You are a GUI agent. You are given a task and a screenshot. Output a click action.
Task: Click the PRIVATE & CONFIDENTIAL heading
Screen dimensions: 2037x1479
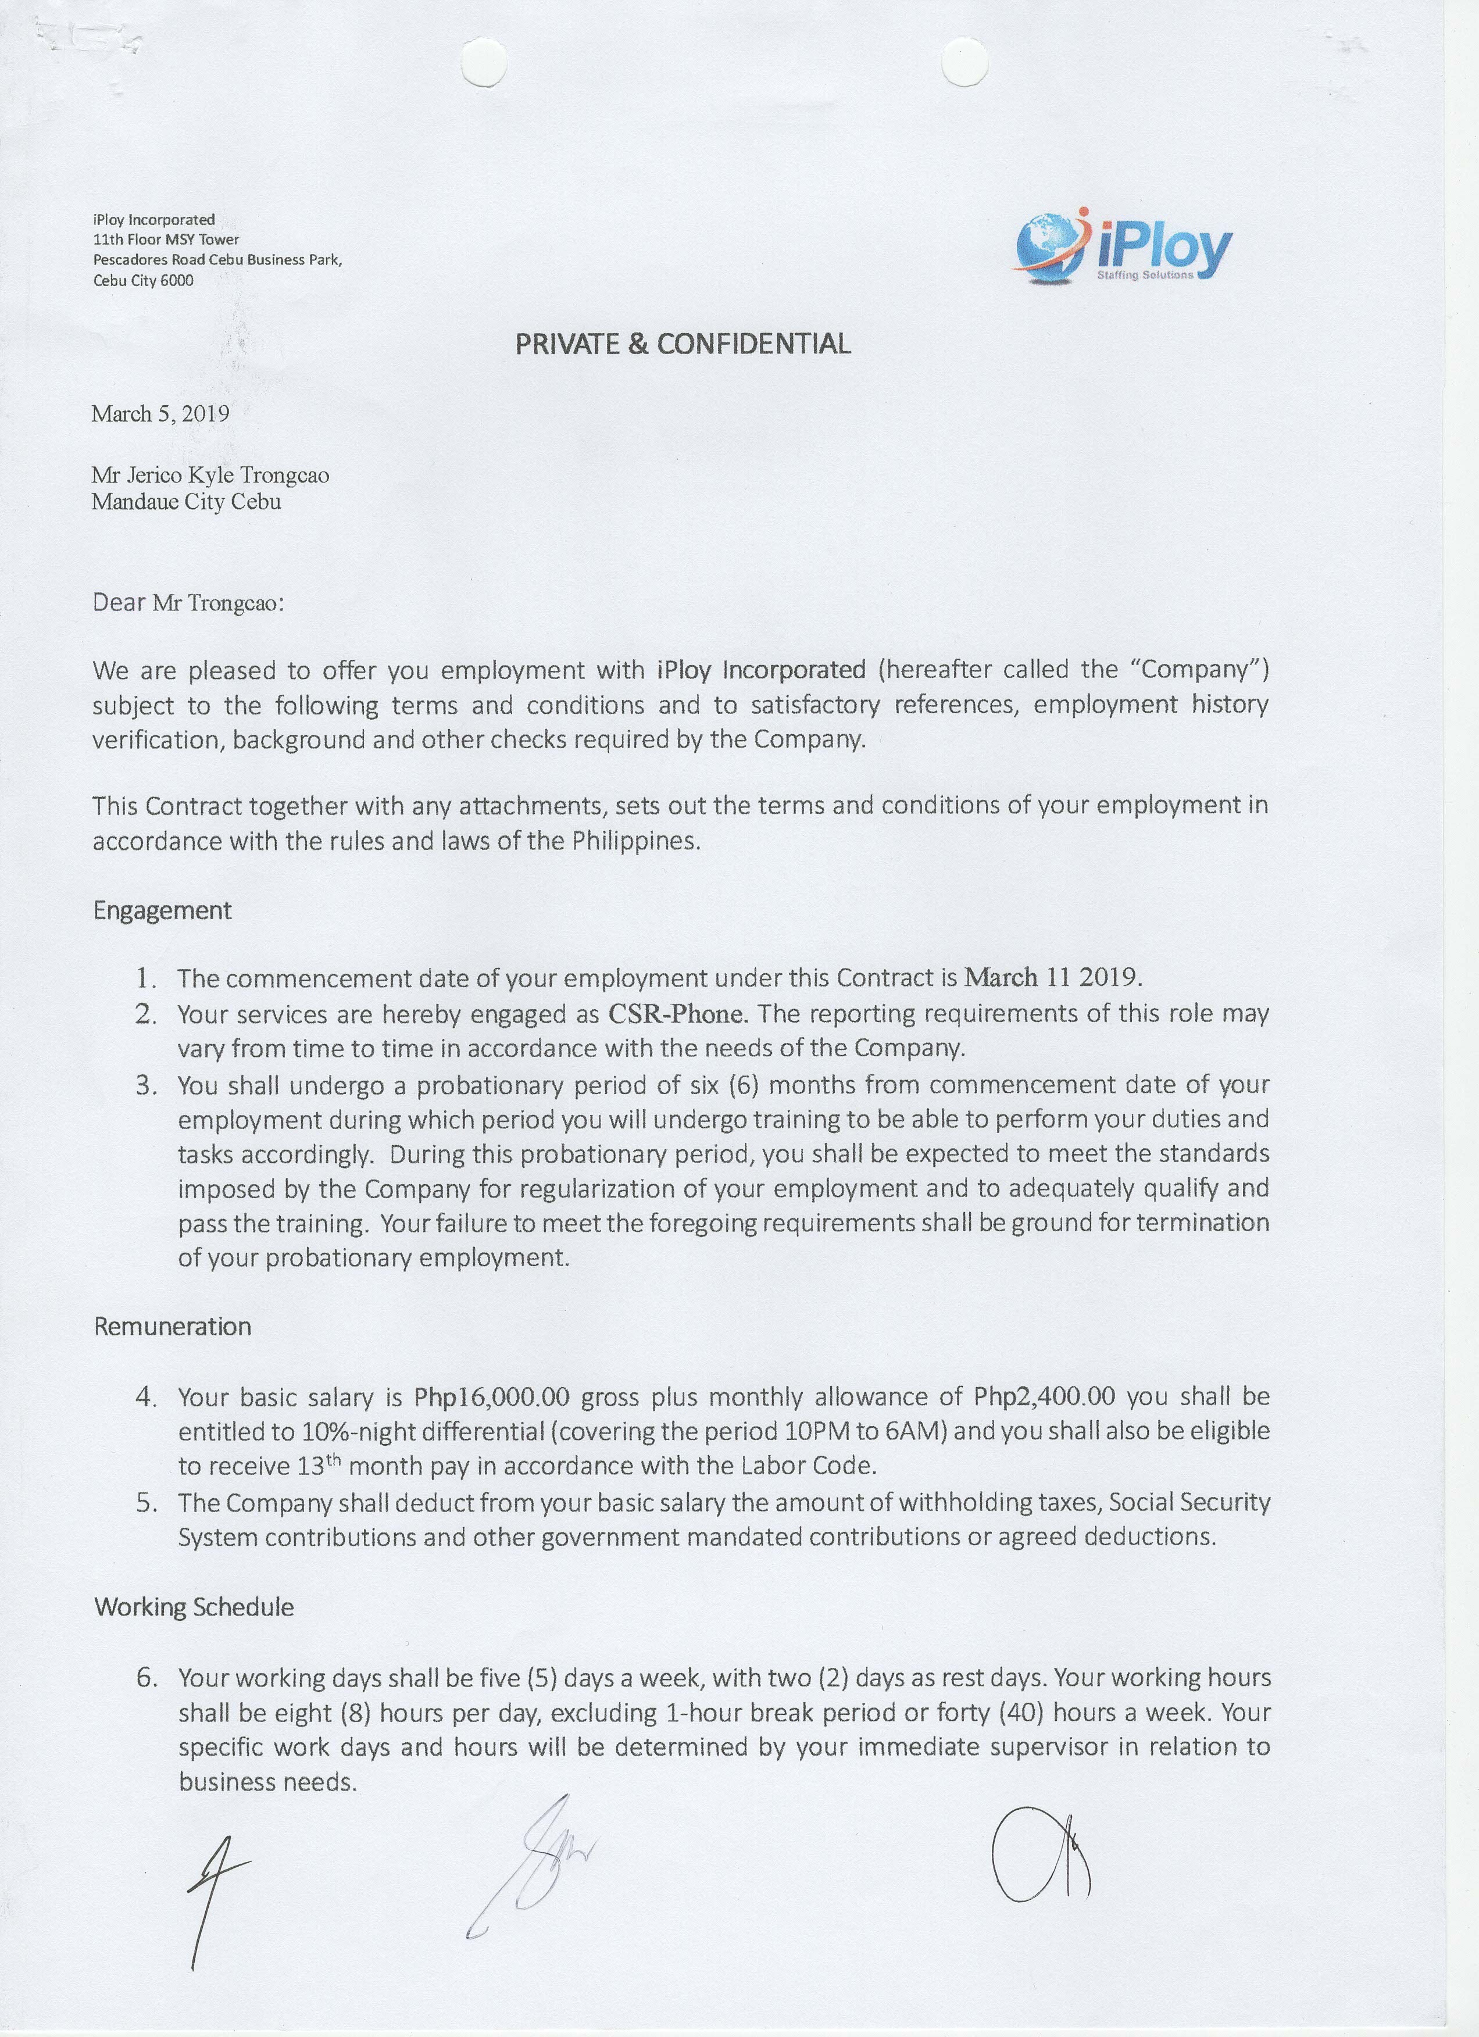coord(683,344)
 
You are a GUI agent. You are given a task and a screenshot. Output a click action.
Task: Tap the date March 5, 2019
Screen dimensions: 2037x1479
coord(160,413)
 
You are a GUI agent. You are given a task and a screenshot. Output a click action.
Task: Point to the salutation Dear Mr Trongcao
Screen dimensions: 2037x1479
coord(188,602)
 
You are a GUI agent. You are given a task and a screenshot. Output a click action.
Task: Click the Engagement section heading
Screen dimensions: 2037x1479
coord(163,911)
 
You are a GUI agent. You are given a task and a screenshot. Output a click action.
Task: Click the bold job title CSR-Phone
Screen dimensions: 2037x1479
coord(677,1013)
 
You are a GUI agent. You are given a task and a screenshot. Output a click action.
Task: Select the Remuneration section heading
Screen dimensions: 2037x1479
coord(173,1327)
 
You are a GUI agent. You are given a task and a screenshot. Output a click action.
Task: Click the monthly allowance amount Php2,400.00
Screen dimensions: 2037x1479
coord(1044,1398)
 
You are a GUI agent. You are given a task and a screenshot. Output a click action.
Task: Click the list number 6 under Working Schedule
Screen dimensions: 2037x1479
coord(147,1678)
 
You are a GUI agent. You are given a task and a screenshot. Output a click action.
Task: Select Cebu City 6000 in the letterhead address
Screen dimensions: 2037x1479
coord(143,280)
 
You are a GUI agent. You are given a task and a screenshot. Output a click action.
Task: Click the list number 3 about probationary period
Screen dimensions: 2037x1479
coord(147,1085)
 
